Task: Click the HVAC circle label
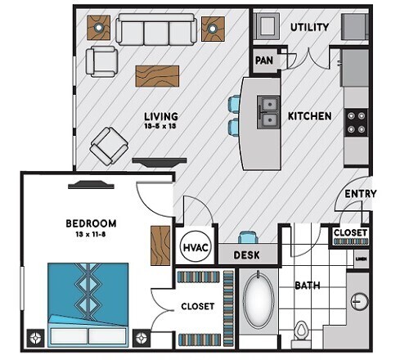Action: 194,246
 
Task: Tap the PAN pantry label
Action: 264,61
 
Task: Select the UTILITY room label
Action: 309,27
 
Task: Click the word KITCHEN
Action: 309,116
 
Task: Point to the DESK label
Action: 246,255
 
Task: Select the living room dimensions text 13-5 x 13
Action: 161,127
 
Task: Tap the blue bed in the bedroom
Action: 88,303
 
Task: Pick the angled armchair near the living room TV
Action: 107,146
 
